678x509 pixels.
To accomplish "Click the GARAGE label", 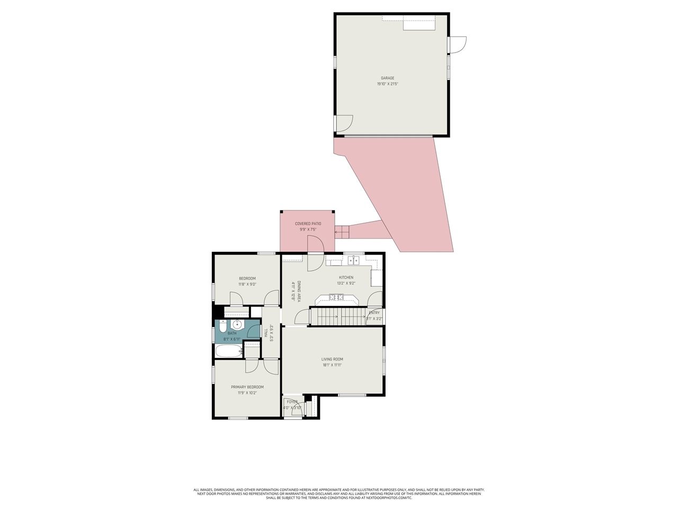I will (387, 78).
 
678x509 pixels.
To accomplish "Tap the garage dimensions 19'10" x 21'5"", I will (387, 84).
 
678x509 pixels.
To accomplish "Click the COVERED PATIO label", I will (308, 224).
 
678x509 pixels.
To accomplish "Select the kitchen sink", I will (353, 260).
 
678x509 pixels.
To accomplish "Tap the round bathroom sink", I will (237, 324).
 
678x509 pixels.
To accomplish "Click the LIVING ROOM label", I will (332, 359).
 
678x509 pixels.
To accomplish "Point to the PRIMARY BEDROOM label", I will (247, 387).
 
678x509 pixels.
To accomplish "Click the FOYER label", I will (292, 402).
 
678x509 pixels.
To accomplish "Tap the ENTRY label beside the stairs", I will (374, 313).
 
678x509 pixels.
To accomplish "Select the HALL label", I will (266, 332).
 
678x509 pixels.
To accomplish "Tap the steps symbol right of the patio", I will (342, 231).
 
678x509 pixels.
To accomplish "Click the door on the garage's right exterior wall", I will (458, 45).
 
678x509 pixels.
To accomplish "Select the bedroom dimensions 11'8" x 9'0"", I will (247, 284).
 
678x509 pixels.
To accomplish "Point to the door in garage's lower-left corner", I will (344, 123).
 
